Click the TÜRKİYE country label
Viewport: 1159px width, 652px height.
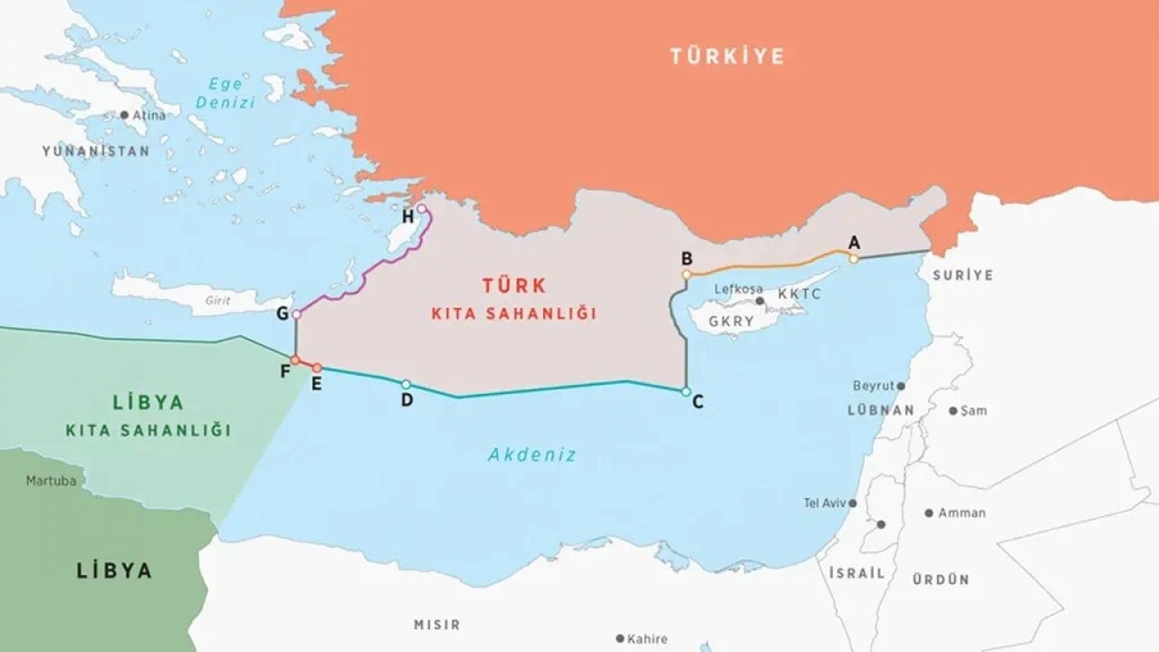pos(727,56)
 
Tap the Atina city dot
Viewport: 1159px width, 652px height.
pos(124,115)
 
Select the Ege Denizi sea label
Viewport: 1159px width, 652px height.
pos(225,93)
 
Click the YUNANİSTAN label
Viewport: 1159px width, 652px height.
pos(95,151)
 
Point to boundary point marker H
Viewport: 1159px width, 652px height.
pos(421,208)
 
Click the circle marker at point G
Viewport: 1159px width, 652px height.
pos(296,314)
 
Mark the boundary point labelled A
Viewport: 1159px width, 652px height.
pos(853,259)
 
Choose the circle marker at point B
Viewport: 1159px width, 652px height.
pos(686,273)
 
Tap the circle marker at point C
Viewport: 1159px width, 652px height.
pos(685,391)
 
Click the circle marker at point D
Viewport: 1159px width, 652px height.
pos(406,384)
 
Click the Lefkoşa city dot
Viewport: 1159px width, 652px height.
pos(761,301)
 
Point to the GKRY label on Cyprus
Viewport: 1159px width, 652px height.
pos(732,321)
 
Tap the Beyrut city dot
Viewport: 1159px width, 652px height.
pos(900,386)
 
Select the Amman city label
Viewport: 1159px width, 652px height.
pos(962,513)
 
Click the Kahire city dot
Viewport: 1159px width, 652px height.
pos(619,639)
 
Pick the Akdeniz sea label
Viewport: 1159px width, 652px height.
pos(532,455)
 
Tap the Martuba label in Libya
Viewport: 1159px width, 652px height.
pos(51,480)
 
